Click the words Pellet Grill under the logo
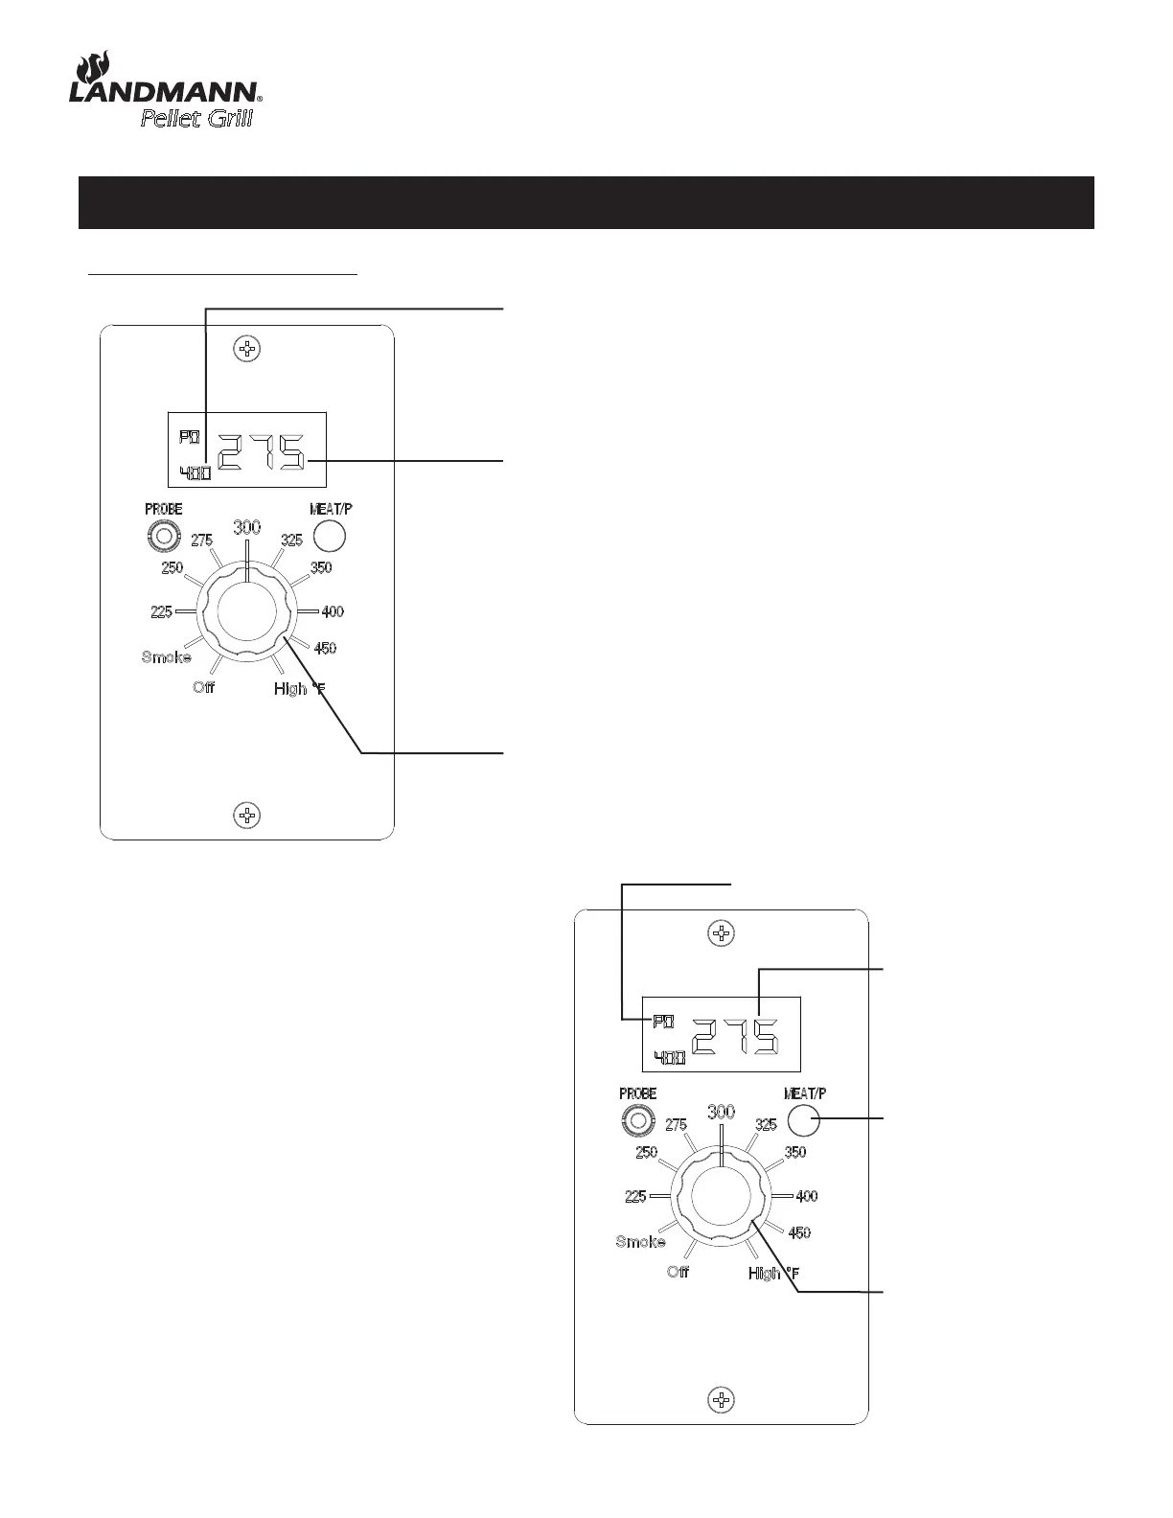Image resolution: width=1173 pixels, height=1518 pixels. click(x=196, y=120)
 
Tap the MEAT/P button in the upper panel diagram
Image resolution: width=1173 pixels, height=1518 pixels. click(x=331, y=535)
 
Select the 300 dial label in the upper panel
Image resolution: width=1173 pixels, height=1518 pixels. click(x=247, y=526)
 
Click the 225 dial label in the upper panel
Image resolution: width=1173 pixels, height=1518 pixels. click(x=161, y=611)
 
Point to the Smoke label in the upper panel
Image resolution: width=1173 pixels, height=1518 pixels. click(x=166, y=657)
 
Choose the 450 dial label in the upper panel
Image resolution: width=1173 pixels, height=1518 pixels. click(x=325, y=649)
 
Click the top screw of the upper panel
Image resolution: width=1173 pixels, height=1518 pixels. click(x=247, y=349)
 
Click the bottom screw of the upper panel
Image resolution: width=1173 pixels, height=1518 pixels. click(x=247, y=816)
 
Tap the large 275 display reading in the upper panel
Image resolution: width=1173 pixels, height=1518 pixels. click(x=262, y=451)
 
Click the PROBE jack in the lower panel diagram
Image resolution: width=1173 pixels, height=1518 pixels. click(x=636, y=1119)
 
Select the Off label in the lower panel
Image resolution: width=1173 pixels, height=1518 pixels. click(x=678, y=1273)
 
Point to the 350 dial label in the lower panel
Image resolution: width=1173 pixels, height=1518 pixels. click(x=795, y=1153)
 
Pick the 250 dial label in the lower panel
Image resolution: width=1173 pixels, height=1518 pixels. click(x=646, y=1153)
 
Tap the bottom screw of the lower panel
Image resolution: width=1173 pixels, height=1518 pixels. click(x=721, y=1399)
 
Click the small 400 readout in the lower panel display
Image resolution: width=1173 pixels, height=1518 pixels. click(x=669, y=1058)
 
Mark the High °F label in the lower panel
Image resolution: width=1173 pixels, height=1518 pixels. click(x=773, y=1274)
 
